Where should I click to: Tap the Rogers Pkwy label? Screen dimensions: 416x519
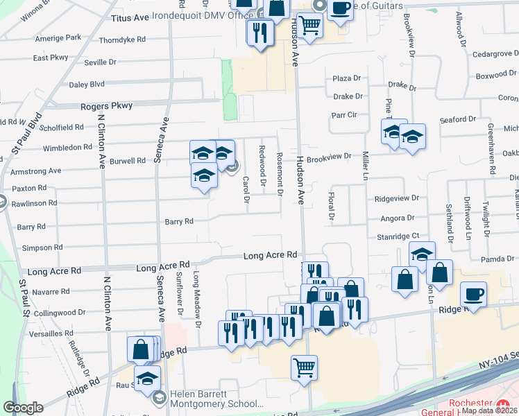[105, 106]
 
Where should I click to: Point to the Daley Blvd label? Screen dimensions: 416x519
[87, 84]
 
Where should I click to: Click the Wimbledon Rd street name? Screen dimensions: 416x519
[67, 148]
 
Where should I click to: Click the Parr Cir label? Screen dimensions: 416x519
[343, 114]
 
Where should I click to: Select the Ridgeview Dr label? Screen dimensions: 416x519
[396, 198]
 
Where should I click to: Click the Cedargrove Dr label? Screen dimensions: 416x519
[491, 53]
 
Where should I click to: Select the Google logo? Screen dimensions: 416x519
[23, 408]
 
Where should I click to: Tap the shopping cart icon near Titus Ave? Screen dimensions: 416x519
[309, 26]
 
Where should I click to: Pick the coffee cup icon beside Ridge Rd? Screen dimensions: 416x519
[473, 293]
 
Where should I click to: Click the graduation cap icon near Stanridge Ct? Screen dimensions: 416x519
[421, 254]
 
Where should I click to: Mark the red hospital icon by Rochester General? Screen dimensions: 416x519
[504, 404]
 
